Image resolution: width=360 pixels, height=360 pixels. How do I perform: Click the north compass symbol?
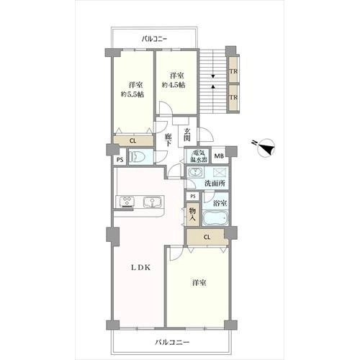coord(265,148)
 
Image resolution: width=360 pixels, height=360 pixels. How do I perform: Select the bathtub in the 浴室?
coord(215,217)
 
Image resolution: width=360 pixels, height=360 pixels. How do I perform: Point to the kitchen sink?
coord(152,202)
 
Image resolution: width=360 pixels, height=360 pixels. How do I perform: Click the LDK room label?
coord(140,268)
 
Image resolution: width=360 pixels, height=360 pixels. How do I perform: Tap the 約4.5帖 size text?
coord(174,85)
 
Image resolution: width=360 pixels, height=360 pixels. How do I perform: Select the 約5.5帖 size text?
coord(132,94)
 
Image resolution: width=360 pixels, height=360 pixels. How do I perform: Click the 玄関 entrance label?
coord(187,135)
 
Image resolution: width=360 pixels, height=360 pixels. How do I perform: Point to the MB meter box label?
coord(219,156)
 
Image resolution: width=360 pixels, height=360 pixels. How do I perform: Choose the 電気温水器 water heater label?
coord(197,156)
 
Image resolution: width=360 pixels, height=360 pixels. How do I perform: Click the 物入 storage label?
coord(193,215)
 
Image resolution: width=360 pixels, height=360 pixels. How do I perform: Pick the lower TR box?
coord(233,98)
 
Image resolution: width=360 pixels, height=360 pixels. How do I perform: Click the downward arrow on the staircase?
coord(213,76)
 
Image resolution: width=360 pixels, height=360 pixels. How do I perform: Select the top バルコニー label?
coord(154,39)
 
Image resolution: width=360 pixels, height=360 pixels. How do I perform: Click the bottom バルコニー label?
coord(172,342)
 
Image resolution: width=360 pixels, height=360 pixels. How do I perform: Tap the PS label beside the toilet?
coord(120,159)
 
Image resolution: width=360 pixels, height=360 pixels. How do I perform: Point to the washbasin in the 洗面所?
coord(196,172)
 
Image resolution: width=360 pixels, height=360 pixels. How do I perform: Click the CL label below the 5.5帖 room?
coord(132,141)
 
